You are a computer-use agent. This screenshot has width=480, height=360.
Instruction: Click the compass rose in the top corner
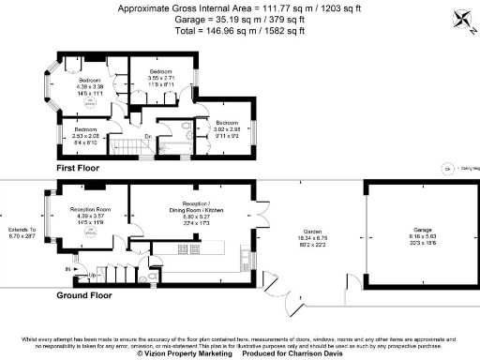coord(461,16)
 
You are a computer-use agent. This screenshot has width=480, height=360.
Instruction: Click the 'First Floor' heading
coord(79,167)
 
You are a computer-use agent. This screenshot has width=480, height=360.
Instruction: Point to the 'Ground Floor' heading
coord(86,294)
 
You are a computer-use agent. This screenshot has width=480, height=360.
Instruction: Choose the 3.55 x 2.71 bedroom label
coord(160,78)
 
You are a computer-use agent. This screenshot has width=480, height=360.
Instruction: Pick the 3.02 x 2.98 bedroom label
coord(228,127)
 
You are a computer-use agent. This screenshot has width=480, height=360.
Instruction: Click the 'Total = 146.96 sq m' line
coord(240,31)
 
